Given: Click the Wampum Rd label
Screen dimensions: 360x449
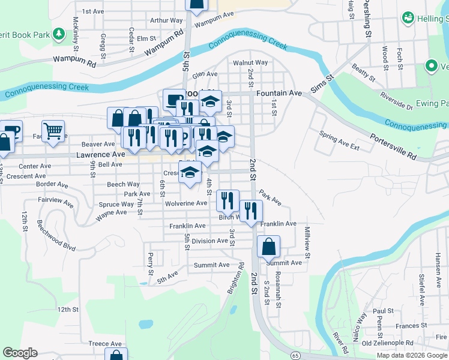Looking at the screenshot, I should click(74, 61).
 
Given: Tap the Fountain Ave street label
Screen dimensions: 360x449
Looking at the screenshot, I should click(279, 94).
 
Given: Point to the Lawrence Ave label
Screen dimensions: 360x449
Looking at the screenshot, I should click(100, 154).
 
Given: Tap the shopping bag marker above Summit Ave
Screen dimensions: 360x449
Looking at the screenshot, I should click(268, 246).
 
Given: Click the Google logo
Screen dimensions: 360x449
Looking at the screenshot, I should click(20, 353).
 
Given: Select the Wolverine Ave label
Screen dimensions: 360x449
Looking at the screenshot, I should click(187, 203).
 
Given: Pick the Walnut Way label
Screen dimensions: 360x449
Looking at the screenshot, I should click(250, 62).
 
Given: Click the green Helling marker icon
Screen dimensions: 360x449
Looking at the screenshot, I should click(408, 18).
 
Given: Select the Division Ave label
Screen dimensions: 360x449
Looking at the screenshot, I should click(210, 241).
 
